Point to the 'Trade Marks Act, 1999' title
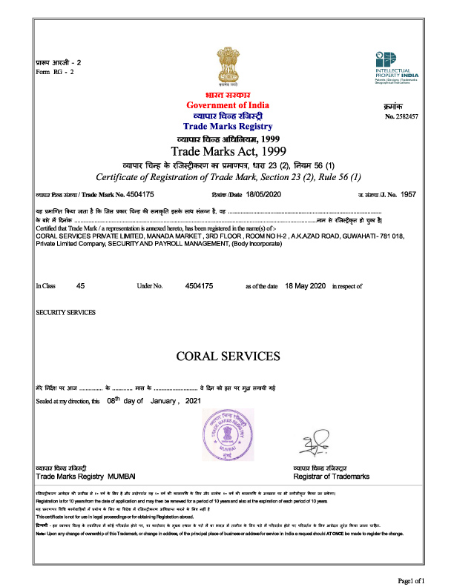tap(227, 151)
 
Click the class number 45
tap(81, 285)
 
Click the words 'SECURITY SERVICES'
tap(66, 312)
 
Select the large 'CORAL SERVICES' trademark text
tap(228, 356)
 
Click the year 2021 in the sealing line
tap(194, 401)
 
